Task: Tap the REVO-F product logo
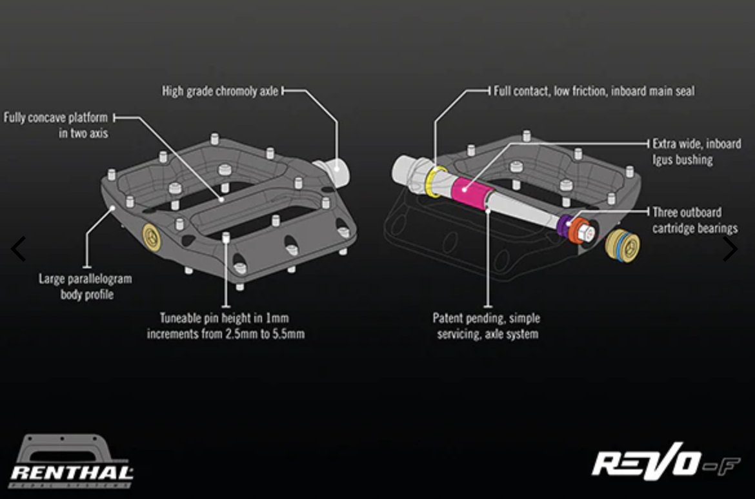665,463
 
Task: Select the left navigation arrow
19,249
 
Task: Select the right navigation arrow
730,249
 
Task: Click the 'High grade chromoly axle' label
220,92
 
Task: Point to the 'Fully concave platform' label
56,126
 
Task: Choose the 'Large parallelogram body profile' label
85,286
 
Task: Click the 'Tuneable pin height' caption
225,326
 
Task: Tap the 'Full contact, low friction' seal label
594,92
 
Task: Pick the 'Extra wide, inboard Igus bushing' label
696,152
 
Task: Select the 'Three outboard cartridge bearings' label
695,220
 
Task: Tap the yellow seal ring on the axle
438,181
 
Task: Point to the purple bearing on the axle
563,223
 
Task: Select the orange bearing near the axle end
573,230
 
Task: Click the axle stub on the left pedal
336,170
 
